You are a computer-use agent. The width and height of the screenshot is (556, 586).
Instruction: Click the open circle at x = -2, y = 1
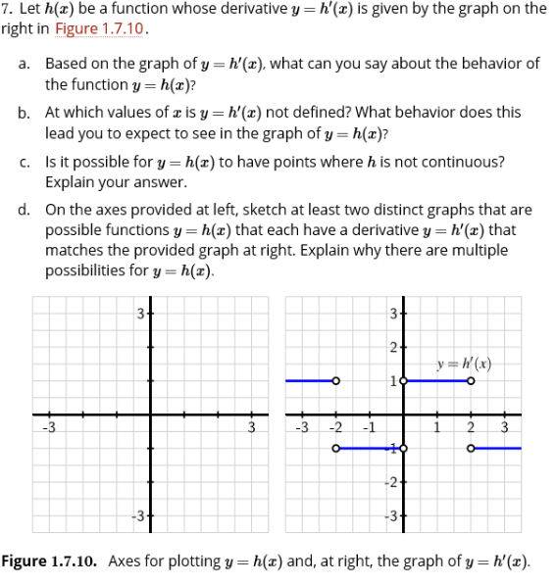[x=335, y=380]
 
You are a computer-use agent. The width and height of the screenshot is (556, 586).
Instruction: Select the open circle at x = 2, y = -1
[x=471, y=449]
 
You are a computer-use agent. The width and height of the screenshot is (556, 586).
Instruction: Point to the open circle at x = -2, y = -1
[x=335, y=449]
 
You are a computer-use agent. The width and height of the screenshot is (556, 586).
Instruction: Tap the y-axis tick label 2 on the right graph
[x=393, y=347]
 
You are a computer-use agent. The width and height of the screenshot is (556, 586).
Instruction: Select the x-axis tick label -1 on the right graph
[x=370, y=426]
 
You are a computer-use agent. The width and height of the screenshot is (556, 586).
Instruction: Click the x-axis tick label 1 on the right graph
[x=437, y=426]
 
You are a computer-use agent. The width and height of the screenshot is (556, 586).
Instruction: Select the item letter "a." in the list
[x=25, y=63]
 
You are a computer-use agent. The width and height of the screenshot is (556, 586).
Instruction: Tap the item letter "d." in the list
[x=25, y=210]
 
